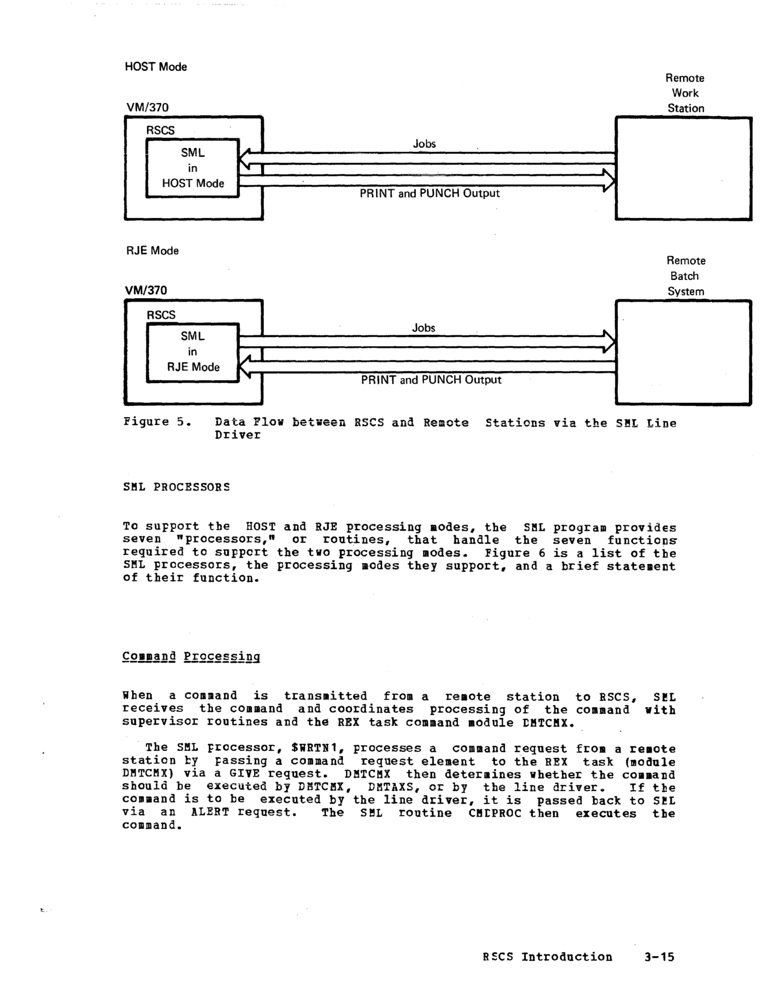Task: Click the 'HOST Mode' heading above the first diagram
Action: click(155, 67)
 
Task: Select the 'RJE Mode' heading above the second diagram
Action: click(152, 251)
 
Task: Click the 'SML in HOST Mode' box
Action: click(193, 168)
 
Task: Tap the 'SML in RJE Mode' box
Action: click(193, 352)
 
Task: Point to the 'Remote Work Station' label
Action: click(685, 93)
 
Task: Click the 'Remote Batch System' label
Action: click(686, 276)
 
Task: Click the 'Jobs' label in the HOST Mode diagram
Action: click(424, 144)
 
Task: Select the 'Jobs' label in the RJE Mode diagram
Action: click(423, 328)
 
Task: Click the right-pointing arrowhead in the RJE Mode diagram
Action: click(609, 342)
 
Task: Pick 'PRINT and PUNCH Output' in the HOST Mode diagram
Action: click(429, 193)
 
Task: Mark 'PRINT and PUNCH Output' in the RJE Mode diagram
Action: click(431, 380)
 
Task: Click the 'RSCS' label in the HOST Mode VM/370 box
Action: click(160, 130)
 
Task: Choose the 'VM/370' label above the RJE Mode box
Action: click(146, 291)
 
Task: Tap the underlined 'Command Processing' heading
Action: click(191, 657)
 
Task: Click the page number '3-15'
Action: click(659, 957)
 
